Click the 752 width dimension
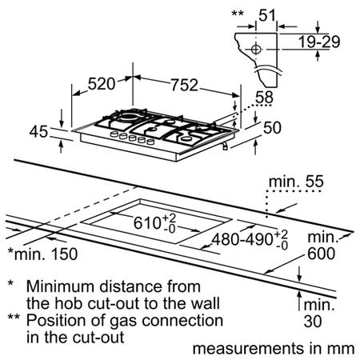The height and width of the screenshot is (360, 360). tap(184, 85)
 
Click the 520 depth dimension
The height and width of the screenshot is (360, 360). tap(102, 84)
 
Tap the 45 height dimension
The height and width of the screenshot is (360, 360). tap(38, 132)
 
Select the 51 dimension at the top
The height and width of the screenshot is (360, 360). tap(267, 15)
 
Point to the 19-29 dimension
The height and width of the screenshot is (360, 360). tap(319, 42)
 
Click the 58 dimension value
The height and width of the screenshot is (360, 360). tap(265, 98)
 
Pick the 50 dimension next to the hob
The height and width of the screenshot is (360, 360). tap(272, 128)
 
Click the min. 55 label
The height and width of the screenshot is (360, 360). tap(296, 182)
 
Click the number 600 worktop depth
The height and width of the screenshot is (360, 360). tap(321, 254)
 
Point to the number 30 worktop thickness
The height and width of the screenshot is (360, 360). tap(313, 322)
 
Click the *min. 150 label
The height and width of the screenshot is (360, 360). tap(42, 254)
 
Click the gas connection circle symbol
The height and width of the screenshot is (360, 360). tap(256, 50)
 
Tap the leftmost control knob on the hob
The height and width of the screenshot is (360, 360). tap(114, 134)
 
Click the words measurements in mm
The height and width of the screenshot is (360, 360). tap(274, 349)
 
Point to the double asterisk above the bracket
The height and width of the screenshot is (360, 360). tap(238, 13)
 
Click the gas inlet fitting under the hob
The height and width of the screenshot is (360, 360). tap(226, 146)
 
